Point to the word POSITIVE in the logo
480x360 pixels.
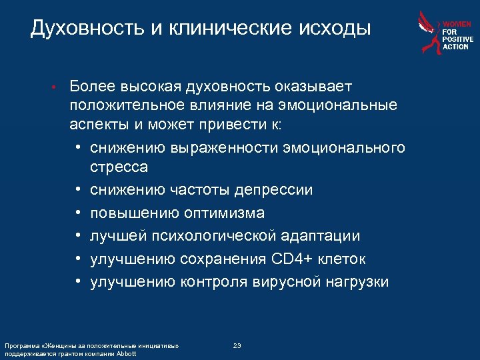[x=458, y=39]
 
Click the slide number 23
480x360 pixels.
[x=237, y=345]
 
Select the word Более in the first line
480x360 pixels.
[x=91, y=87]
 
